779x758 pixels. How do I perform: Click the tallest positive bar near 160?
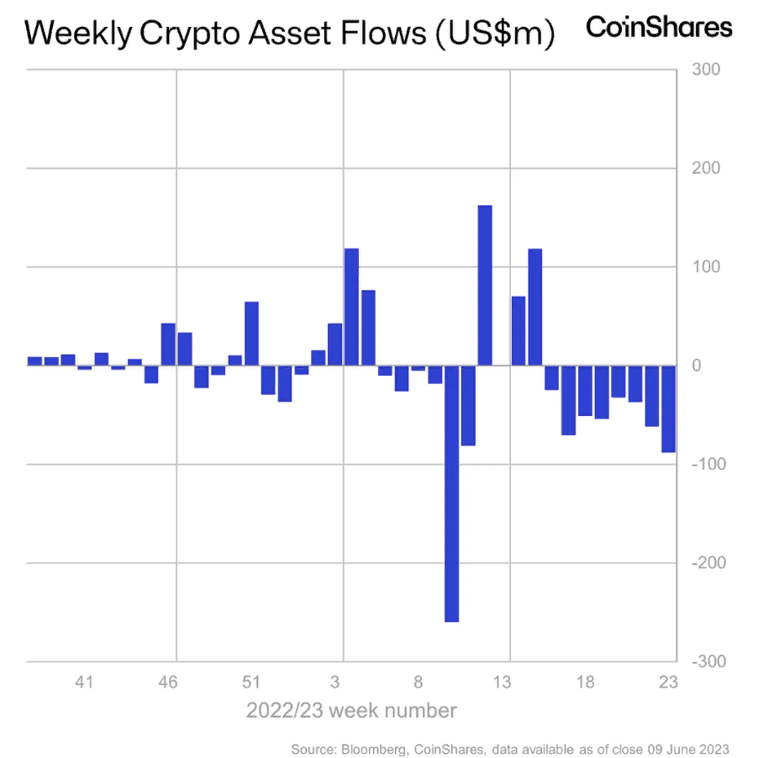pyautogui.click(x=485, y=286)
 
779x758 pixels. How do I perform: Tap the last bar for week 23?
pyautogui.click(x=669, y=408)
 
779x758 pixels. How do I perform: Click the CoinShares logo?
pyautogui.click(x=659, y=27)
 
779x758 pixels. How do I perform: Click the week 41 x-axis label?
pyautogui.click(x=83, y=682)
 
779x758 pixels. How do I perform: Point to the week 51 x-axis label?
pyautogui.click(x=250, y=682)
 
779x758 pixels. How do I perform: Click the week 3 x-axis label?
pyautogui.click(x=335, y=682)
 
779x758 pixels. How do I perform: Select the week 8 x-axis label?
pyautogui.click(x=418, y=682)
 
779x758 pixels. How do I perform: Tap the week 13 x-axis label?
pyautogui.click(x=503, y=682)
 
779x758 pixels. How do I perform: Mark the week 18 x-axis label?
pyautogui.click(x=586, y=682)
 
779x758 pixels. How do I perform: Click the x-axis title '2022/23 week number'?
pyautogui.click(x=351, y=711)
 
